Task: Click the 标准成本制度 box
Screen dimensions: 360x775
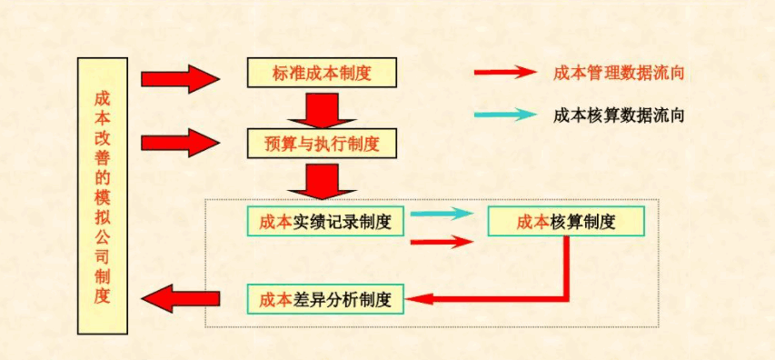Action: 322,73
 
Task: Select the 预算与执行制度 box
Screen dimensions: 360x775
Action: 322,142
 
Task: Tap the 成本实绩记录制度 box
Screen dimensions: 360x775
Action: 324,221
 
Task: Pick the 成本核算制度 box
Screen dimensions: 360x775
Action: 566,221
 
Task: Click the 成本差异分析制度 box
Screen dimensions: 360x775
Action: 324,299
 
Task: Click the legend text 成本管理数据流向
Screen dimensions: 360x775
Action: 618,73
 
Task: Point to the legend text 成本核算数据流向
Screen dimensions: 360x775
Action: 618,115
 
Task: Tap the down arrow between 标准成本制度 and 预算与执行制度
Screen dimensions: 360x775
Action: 322,108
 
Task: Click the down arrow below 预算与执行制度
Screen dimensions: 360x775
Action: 322,180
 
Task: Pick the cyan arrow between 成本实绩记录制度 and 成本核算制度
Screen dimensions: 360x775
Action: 442,214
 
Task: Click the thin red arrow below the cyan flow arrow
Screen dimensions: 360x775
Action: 442,242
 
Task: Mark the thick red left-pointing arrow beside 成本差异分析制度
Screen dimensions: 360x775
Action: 182,296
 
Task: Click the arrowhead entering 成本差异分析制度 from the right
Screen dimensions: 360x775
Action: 413,298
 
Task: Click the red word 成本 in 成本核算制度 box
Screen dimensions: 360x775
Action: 532,222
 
